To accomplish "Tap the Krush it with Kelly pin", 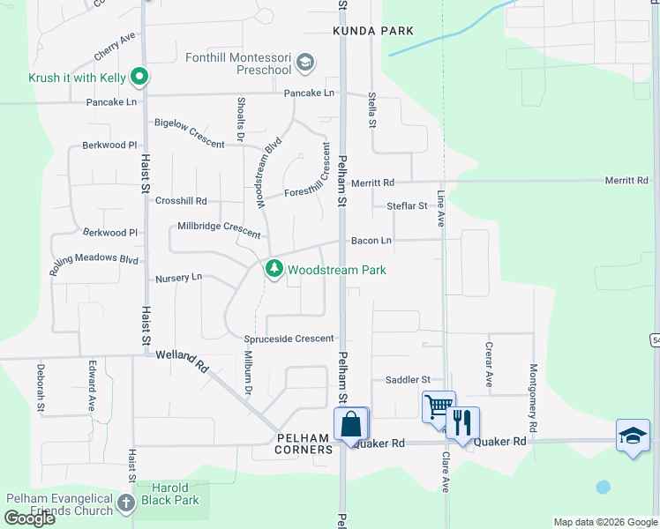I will [x=139, y=78].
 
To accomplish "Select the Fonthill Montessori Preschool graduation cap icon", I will [x=305, y=62].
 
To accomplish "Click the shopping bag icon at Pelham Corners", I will [x=351, y=423].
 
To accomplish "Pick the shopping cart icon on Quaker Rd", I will [x=438, y=407].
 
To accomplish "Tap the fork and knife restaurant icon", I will [x=462, y=422].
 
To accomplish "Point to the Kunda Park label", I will [x=373, y=31].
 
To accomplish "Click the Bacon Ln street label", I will [x=371, y=241].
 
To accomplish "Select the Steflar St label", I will [x=407, y=206].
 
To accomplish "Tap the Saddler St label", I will [x=407, y=380].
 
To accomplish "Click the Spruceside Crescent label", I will [x=289, y=339].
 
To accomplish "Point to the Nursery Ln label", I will [x=178, y=278].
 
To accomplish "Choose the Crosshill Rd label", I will [x=181, y=201].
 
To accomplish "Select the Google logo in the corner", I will [x=29, y=518].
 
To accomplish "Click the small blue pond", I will [x=603, y=486].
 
